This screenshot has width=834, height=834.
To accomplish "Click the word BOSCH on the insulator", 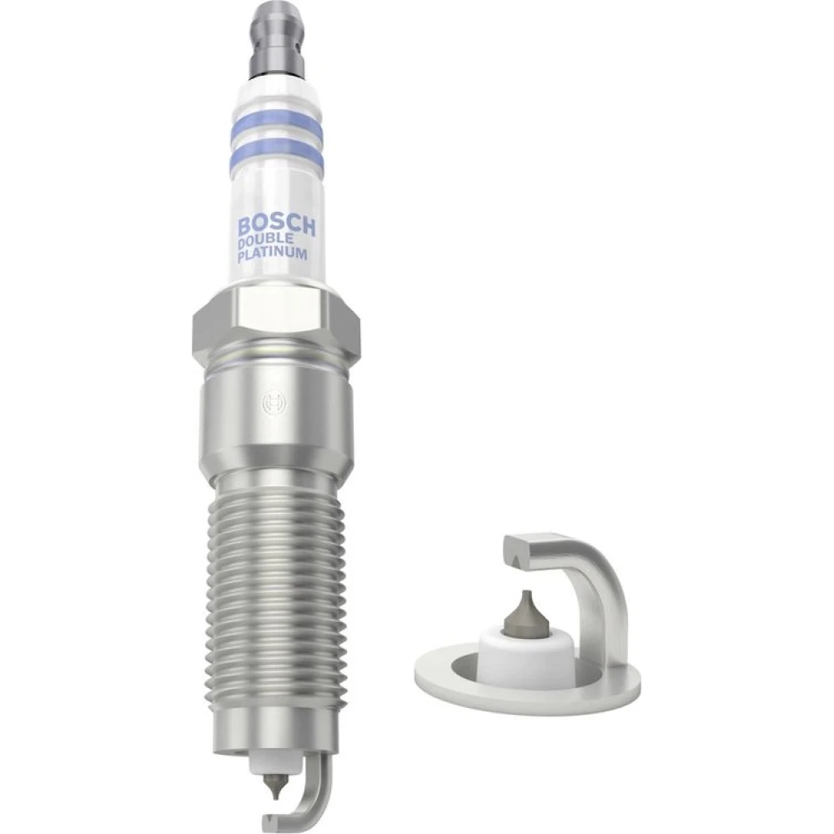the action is pos(276,225).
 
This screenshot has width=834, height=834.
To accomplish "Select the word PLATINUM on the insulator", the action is pos(273,254).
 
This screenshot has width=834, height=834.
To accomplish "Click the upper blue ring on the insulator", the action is pos(277,123).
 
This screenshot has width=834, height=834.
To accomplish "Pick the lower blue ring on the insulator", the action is pos(277,153).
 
